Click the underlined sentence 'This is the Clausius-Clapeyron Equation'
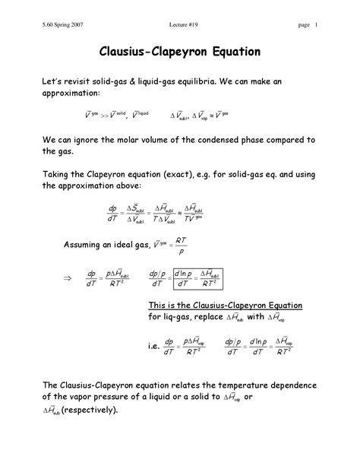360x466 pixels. point(225,304)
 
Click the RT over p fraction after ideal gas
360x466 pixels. point(180,246)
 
